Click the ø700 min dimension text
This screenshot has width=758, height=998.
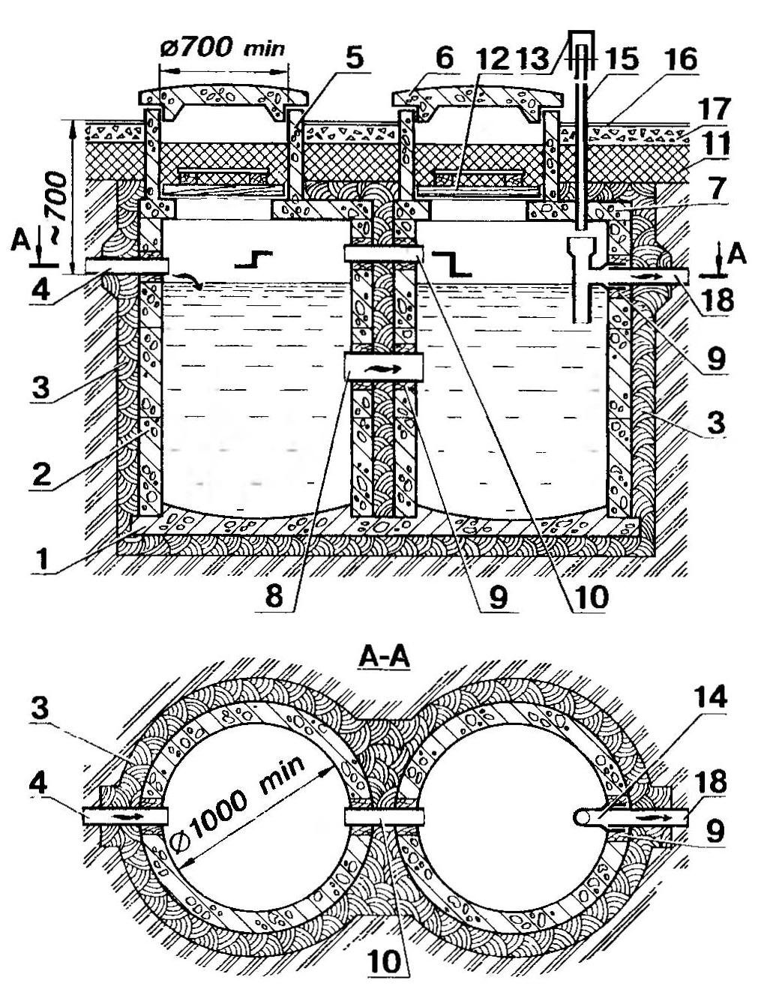point(223,49)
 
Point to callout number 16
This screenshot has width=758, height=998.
point(680,59)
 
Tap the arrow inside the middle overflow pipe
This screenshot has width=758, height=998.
point(383,368)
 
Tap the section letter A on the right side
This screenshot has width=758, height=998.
point(738,255)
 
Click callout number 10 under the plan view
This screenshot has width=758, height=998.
point(385,962)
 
